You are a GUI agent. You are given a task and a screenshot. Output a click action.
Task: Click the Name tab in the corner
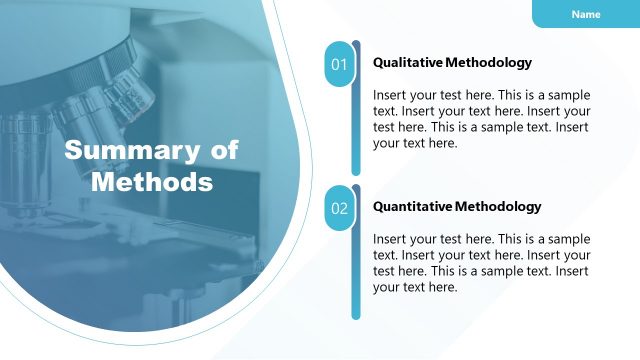tap(586, 14)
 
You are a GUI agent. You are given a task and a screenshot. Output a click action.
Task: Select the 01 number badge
tap(339, 65)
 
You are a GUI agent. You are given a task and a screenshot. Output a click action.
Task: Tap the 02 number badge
tap(339, 209)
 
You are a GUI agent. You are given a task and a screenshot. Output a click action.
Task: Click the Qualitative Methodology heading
tap(452, 62)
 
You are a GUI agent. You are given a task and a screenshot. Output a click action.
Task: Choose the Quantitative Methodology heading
tap(457, 206)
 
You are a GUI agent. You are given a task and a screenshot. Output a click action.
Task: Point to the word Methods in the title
tap(152, 182)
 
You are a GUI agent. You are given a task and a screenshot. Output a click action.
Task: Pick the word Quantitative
tap(412, 206)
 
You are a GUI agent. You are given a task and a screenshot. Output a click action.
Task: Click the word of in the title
tap(225, 151)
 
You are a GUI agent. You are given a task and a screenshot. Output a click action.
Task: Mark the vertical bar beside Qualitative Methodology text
tap(356, 110)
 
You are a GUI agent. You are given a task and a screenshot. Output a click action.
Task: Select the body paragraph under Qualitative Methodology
tap(481, 119)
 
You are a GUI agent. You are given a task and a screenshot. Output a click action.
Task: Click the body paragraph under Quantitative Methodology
tap(481, 263)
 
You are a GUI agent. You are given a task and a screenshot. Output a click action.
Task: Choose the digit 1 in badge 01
tap(344, 65)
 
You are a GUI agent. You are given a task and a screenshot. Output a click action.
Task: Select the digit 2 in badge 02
tap(344, 209)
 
